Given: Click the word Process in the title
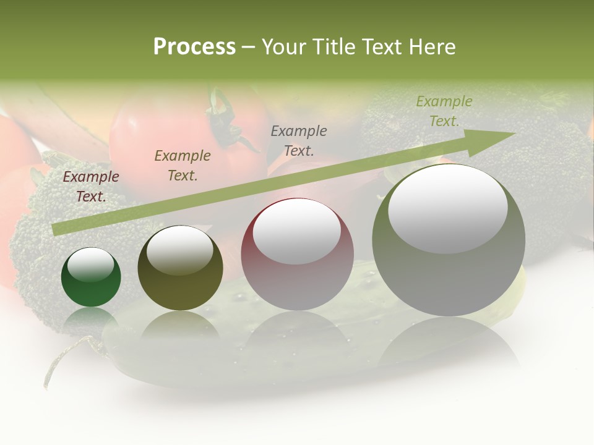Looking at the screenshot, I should (x=194, y=46).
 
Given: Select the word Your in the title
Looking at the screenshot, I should (x=285, y=46).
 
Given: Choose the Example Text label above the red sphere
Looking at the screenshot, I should (x=299, y=140).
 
